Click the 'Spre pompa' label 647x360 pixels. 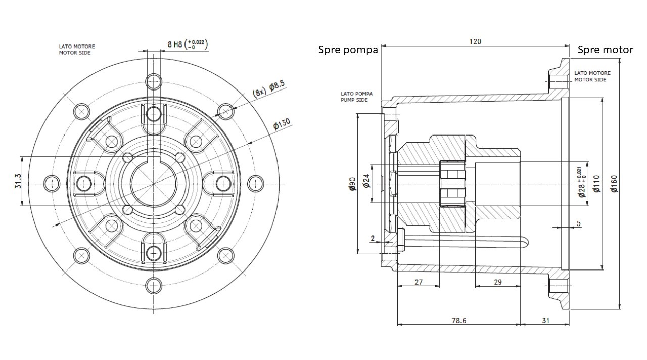[348, 50]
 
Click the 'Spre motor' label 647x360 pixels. [605, 50]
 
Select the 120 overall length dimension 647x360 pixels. [475, 41]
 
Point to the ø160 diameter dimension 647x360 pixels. [614, 184]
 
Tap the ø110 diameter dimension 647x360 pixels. [597, 184]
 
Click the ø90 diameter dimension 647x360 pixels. [352, 184]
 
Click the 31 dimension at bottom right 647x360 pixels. [545, 320]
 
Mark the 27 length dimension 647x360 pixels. [418, 282]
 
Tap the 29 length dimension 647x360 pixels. [497, 282]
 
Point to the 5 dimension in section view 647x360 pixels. [578, 223]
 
